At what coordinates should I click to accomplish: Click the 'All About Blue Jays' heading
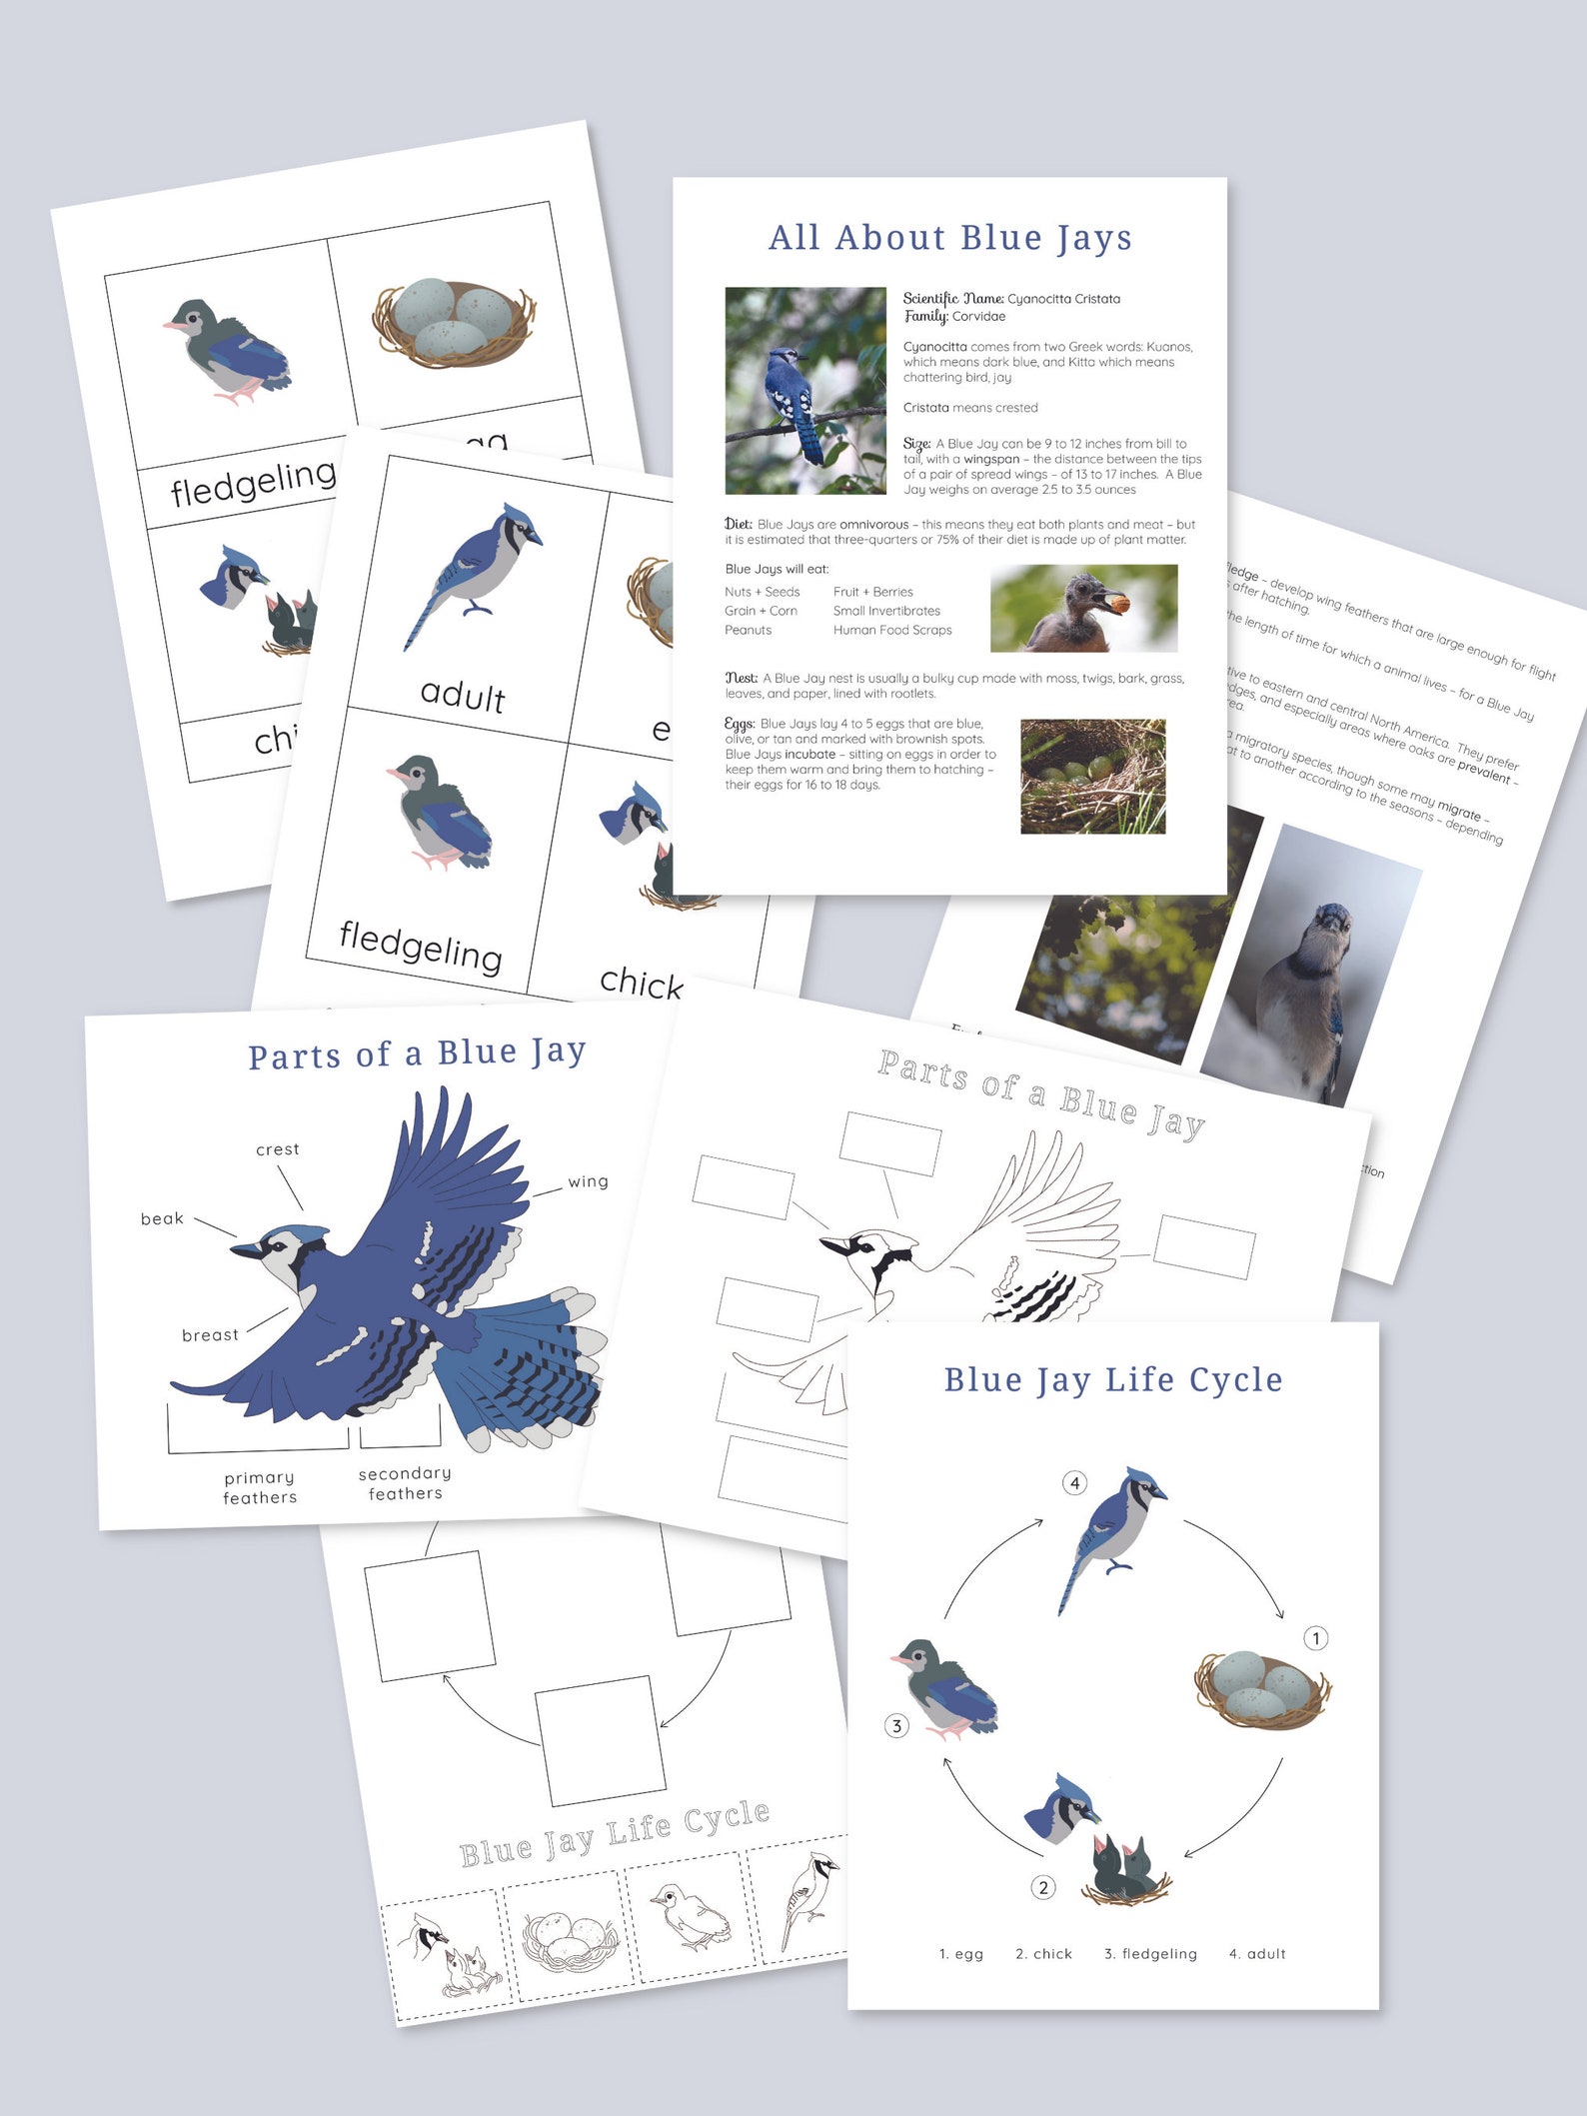949,238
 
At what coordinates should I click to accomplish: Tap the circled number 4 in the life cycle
1074,1482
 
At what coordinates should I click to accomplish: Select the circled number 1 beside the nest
1316,1638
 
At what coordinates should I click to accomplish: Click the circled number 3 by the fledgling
896,1725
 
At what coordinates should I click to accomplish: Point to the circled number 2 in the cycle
1043,1887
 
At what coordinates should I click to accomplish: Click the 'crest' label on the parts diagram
277,1149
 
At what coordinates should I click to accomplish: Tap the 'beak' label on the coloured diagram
162,1218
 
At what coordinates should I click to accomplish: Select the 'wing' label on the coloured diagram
588,1181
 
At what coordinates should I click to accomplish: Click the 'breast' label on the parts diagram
210,1335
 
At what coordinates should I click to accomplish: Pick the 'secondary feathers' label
405,1483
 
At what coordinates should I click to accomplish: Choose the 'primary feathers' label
260,1487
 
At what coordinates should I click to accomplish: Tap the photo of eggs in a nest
1092,776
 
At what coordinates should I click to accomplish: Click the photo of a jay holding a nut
1083,608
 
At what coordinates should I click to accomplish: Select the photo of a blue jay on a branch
804,391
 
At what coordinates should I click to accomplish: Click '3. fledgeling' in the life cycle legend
1150,1953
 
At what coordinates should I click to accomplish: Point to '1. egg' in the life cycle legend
960,1953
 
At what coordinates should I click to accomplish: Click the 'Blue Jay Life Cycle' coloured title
1112,1379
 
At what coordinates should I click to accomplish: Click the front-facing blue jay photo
1309,965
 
